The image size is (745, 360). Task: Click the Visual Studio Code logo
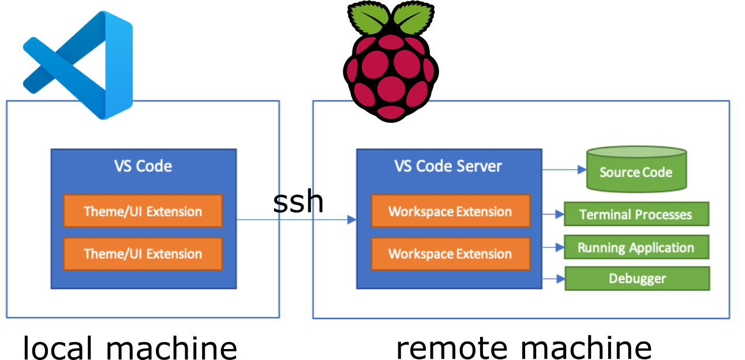pyautogui.click(x=78, y=65)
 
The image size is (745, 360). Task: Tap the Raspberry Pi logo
pyautogui.click(x=391, y=62)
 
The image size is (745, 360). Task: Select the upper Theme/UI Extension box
pyautogui.click(x=143, y=211)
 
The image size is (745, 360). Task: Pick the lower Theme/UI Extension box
pyautogui.click(x=143, y=254)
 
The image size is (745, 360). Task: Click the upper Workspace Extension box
pyautogui.click(x=451, y=211)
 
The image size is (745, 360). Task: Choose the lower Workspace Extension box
pyautogui.click(x=451, y=254)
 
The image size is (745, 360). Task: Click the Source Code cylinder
pyautogui.click(x=637, y=170)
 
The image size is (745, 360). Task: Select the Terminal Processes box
pyautogui.click(x=637, y=214)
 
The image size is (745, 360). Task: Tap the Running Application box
pyautogui.click(x=637, y=247)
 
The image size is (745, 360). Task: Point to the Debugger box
pyautogui.click(x=637, y=279)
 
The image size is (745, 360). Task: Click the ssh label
pyautogui.click(x=298, y=201)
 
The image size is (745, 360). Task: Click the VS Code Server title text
pyautogui.click(x=448, y=166)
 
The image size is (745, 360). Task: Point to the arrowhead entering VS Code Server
pyautogui.click(x=352, y=219)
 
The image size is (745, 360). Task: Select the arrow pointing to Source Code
pyautogui.click(x=564, y=170)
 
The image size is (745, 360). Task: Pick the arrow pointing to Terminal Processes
pyautogui.click(x=553, y=215)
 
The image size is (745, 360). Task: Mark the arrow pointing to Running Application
pyautogui.click(x=553, y=247)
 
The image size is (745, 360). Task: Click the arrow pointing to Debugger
pyautogui.click(x=554, y=279)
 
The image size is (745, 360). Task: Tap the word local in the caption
pyautogui.click(x=57, y=347)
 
